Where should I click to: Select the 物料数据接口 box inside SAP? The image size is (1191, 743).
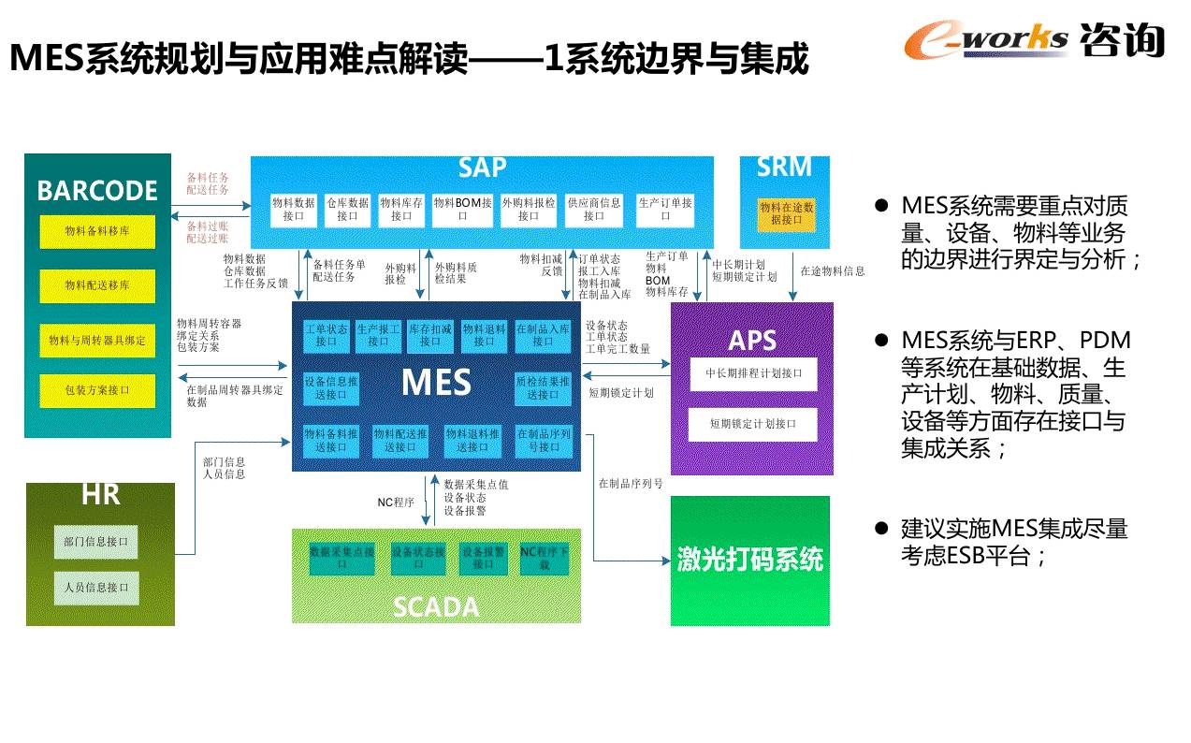pos(293,209)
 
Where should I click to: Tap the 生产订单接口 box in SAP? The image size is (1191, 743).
pos(665,209)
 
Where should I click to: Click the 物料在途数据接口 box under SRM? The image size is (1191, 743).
pos(786,213)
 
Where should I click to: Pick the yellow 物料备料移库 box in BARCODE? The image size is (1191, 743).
pos(97,231)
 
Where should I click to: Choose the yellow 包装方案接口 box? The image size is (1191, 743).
pos(97,391)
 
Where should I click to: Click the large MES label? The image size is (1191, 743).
pos(436,382)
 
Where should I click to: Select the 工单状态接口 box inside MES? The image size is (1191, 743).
pos(326,335)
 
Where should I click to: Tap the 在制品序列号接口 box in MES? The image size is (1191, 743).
pos(543,441)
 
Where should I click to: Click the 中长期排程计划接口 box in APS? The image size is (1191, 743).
pos(753,373)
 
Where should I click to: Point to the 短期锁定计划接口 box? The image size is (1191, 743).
pos(752,424)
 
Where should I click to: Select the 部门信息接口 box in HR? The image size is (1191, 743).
pos(95,541)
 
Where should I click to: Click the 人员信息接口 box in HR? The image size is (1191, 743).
pos(95,588)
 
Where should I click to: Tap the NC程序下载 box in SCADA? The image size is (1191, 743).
pos(544,559)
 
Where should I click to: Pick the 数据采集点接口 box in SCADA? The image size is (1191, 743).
pos(341,559)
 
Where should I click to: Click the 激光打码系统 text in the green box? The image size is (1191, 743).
pos(749,559)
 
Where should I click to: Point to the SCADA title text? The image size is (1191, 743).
pos(435,607)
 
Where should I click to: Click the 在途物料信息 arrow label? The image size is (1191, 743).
pos(833,271)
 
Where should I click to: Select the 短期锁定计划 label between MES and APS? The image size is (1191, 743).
pos(620,393)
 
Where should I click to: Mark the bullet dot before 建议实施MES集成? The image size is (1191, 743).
pos(879,529)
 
